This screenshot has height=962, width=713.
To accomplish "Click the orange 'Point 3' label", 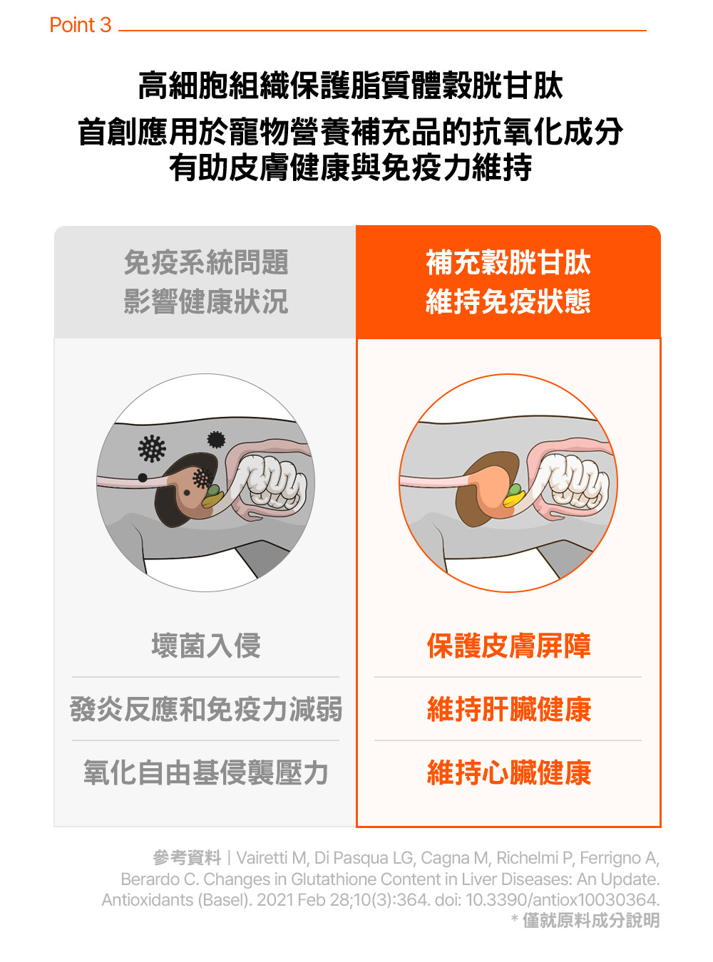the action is (x=81, y=25).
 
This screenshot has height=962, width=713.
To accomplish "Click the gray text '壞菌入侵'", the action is (x=205, y=646).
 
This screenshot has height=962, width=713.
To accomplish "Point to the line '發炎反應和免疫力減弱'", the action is (x=205, y=709).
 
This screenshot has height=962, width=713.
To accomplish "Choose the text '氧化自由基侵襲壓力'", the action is (x=205, y=772).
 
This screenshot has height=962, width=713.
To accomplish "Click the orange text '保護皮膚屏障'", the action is (x=508, y=646).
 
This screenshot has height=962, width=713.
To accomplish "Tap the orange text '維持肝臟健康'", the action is (x=508, y=709).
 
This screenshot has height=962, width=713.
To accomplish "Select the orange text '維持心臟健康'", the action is (x=508, y=772).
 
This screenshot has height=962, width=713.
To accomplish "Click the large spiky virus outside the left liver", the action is (x=152, y=448).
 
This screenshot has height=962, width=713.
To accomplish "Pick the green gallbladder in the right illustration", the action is (x=515, y=492).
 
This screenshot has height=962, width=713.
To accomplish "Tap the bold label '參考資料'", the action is (x=187, y=857).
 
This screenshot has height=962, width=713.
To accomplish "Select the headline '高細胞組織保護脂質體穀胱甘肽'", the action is (x=351, y=86).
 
